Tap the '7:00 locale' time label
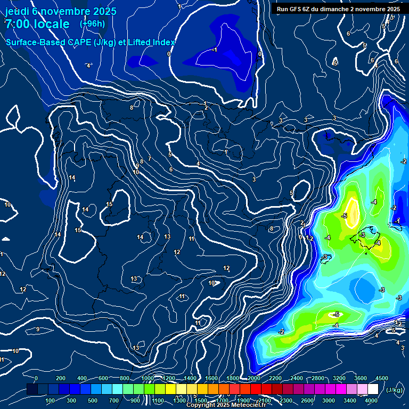point(37,24)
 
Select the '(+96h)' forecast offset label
point(92,23)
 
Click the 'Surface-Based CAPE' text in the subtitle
point(53,42)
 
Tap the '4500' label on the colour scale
point(381,378)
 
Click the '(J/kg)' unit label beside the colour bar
point(394,390)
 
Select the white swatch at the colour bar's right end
point(373,389)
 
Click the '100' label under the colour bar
point(51,400)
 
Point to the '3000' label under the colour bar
point(329,400)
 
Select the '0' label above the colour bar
point(36,378)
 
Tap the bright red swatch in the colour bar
point(256,389)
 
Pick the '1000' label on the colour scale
point(147,378)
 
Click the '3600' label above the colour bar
point(361,378)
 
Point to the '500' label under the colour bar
point(93,400)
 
